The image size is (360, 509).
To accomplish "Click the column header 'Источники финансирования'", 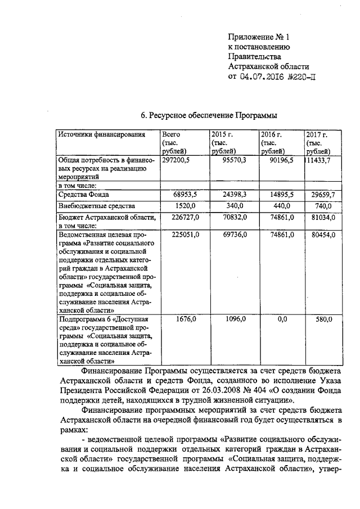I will pyautogui.click(x=98, y=135).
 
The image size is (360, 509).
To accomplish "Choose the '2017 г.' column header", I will pyautogui.click(x=316, y=135).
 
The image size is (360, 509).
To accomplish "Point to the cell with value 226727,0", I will pyautogui.click(x=182, y=217).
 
